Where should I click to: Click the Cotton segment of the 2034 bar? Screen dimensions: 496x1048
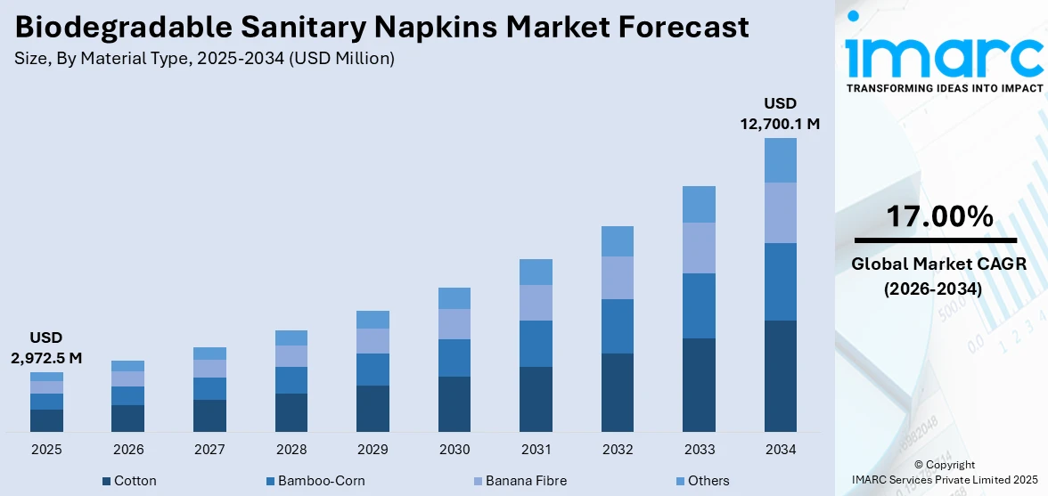click(x=781, y=376)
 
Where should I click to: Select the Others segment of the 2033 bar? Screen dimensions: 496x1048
click(x=699, y=204)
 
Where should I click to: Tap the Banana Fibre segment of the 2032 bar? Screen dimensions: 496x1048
click(x=617, y=278)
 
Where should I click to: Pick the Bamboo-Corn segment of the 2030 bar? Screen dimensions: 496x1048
click(x=454, y=358)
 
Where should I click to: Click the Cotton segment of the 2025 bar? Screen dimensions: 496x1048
click(x=46, y=420)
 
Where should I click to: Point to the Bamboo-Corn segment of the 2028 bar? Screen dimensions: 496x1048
click(x=291, y=380)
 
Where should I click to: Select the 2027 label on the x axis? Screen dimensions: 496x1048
click(x=209, y=450)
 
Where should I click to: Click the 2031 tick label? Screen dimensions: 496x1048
click(x=536, y=450)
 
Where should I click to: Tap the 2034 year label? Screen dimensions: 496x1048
click(x=781, y=450)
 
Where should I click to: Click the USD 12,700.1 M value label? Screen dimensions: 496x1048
click(x=780, y=114)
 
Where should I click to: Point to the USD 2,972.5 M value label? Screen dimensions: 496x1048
click(x=45, y=348)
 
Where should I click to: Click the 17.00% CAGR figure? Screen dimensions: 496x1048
click(x=938, y=216)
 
